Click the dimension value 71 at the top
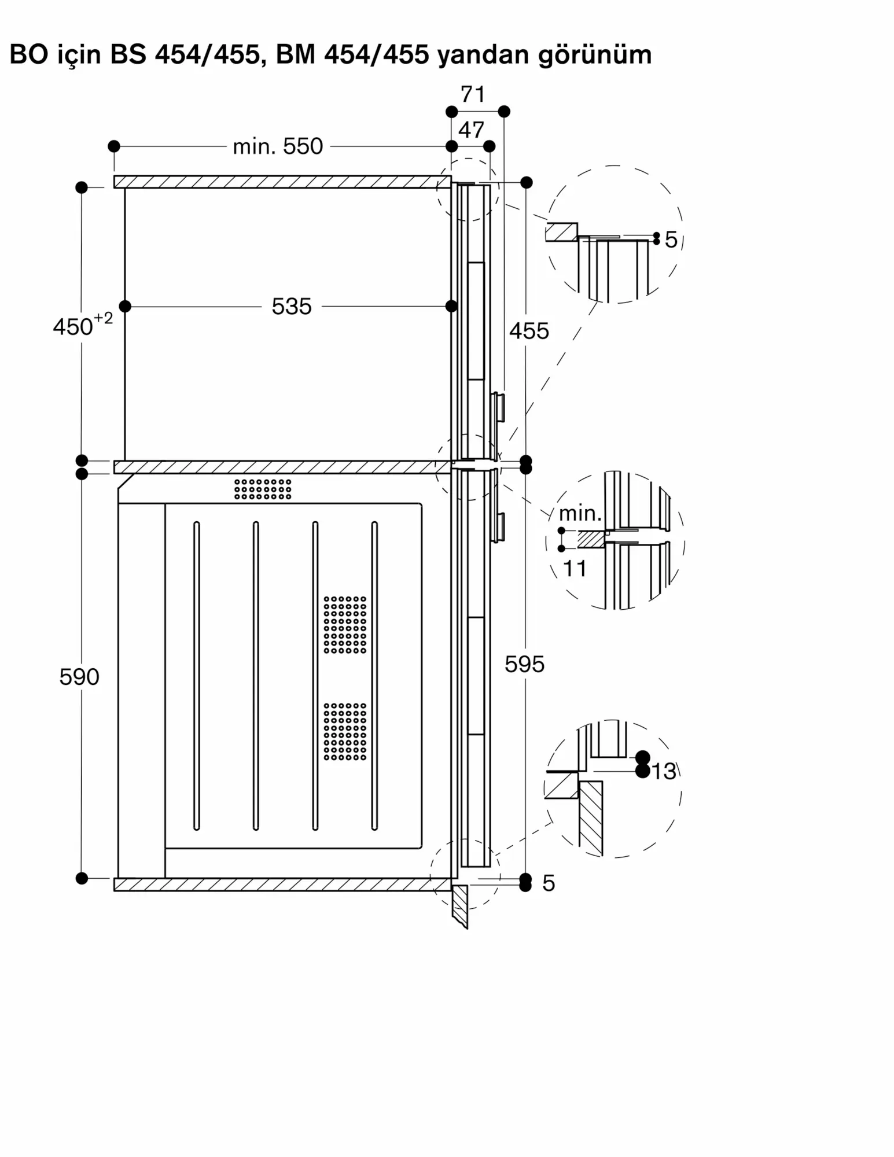coord(473,94)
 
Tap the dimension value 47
coord(471,130)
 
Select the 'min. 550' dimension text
coord(278,147)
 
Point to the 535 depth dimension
coord(292,307)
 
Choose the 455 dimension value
coord(529,331)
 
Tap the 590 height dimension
coord(79,677)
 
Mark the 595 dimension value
coord(524,665)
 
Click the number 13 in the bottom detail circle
coord(664,772)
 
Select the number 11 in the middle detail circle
coord(575,569)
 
